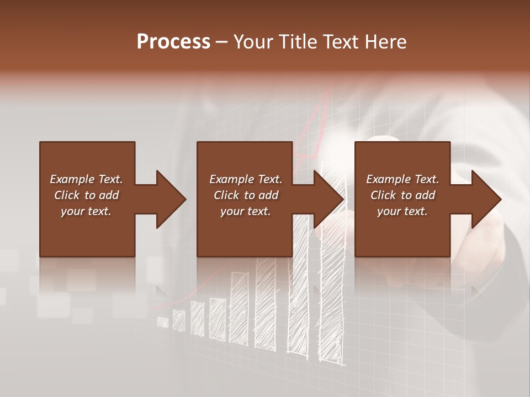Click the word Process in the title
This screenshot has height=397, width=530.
pyautogui.click(x=173, y=42)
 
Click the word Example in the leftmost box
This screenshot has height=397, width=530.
pyautogui.click(x=72, y=179)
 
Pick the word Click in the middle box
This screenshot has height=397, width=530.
pyautogui.click(x=226, y=195)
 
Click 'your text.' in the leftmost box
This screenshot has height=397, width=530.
pyautogui.click(x=86, y=211)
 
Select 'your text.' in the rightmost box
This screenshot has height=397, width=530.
pyautogui.click(x=402, y=211)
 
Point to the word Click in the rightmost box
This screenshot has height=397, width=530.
pyautogui.click(x=383, y=195)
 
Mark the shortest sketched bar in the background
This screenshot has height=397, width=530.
pyautogui.click(x=163, y=321)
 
